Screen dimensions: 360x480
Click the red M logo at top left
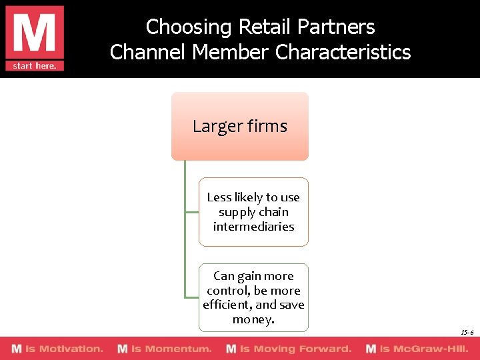pos(35,32)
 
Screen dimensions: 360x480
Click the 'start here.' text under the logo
pos(35,65)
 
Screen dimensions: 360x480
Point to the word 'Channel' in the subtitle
pos(147,52)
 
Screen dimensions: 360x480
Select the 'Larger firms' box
pos(240,126)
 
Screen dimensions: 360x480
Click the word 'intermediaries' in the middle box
pos(253,227)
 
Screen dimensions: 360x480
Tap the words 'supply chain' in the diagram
pos(253,212)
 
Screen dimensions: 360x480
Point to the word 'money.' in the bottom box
pos(253,320)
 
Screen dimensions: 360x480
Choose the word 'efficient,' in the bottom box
pos(227,305)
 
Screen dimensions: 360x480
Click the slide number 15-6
pos(467,332)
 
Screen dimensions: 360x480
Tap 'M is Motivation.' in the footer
pos(57,349)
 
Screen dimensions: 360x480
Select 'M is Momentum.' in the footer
pos(165,349)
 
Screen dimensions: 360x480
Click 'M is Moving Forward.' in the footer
pos(289,349)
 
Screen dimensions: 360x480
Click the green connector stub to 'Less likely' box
pos(192,212)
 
